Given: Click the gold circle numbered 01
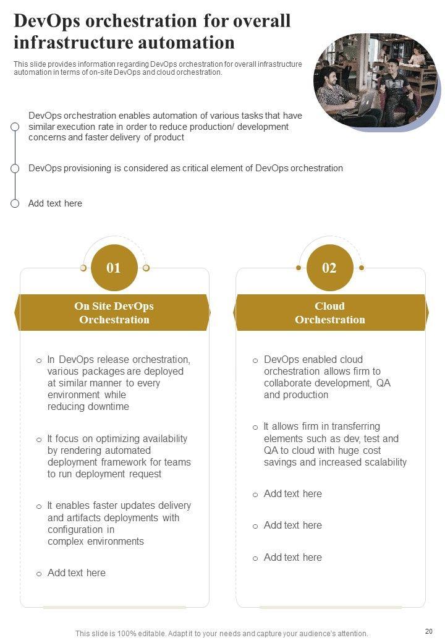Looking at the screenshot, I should tap(114, 268).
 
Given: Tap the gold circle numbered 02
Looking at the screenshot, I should tap(329, 268).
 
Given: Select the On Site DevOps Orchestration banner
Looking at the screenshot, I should tap(114, 313).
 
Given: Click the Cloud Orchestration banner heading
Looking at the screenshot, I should tap(329, 313).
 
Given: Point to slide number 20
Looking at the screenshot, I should tap(429, 631).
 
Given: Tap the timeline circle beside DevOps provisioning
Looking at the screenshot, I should tap(15, 168).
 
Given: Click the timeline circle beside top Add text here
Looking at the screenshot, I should tap(15, 203).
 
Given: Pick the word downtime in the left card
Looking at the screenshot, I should tap(108, 407).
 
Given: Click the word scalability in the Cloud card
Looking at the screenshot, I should tap(381, 462).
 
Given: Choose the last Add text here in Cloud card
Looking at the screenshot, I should tap(292, 557).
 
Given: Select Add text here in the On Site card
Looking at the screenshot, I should tap(76, 573).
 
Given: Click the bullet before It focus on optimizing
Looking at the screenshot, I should tap(39, 440).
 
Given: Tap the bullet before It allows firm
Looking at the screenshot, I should tap(255, 427).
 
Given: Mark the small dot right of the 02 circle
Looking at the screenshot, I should tap(362, 268).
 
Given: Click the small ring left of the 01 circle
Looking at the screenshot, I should tap(83, 268).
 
